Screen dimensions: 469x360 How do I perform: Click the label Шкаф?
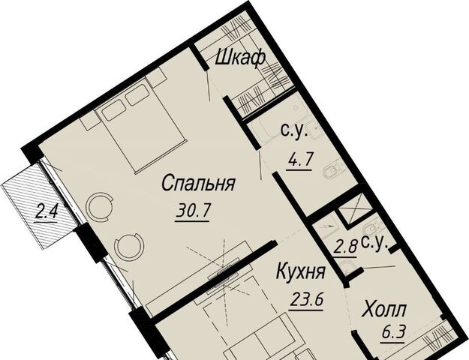(x=240, y=58)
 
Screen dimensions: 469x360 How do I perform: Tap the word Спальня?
(x=198, y=183)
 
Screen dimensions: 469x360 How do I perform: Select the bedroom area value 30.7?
(x=193, y=211)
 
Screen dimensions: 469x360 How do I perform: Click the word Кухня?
(x=301, y=271)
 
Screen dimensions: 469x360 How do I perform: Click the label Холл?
(x=384, y=310)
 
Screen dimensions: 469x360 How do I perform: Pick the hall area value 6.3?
(x=393, y=331)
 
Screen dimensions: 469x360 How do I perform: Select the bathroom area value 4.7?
(x=299, y=160)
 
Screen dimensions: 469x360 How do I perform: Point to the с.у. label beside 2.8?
(x=374, y=244)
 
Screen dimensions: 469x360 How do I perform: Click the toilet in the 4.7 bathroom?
(x=332, y=172)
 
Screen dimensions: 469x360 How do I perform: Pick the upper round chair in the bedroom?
(x=100, y=206)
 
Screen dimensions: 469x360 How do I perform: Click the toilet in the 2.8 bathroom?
(x=347, y=267)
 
